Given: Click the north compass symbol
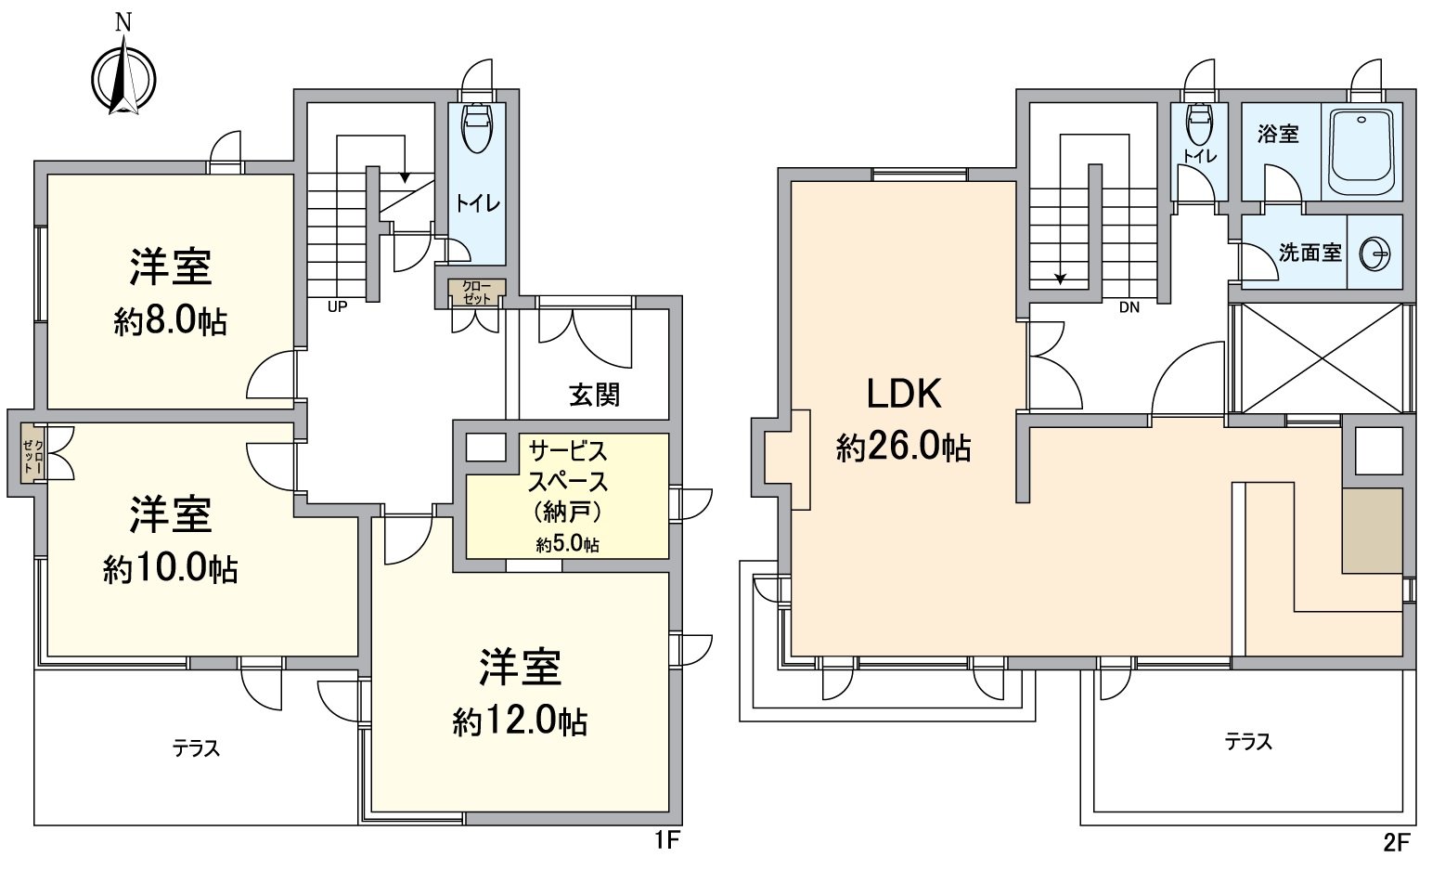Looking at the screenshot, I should (x=123, y=78).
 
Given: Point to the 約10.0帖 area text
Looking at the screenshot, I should (x=171, y=569).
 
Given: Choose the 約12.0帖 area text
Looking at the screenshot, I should (x=520, y=721).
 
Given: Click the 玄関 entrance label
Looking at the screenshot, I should (x=594, y=395).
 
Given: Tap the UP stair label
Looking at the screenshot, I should (x=336, y=306).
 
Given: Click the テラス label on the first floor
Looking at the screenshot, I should (x=196, y=748).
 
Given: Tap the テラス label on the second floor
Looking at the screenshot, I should (x=1247, y=742).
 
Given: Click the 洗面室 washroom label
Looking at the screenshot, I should (x=1309, y=253).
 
